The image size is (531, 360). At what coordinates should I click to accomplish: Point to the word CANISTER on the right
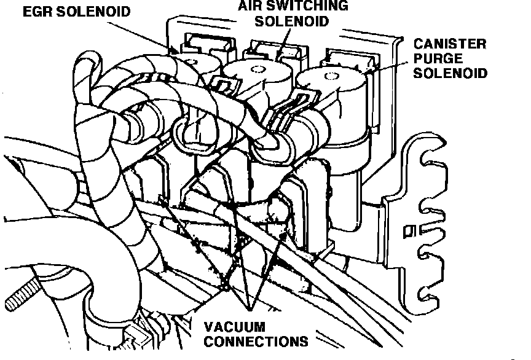450,44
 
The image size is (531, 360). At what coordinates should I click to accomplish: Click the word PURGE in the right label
437,59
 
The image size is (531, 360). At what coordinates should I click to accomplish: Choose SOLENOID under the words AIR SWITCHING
291,21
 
